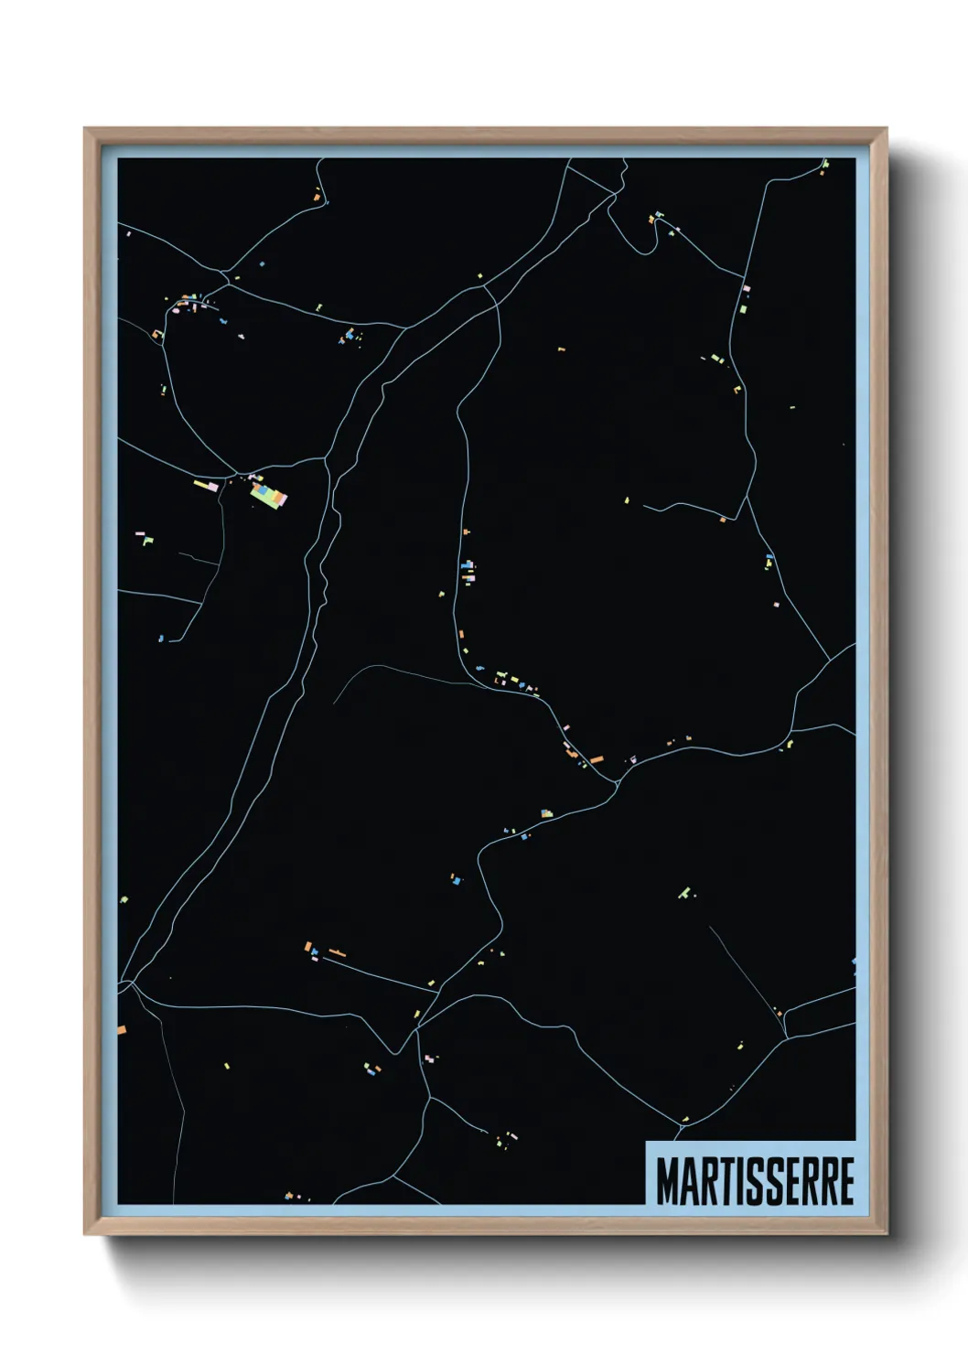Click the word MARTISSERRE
pyautogui.click(x=755, y=1181)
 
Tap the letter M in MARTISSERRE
pyautogui.click(x=666, y=1181)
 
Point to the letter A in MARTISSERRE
pyautogui.click(x=688, y=1181)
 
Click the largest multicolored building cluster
pyautogui.click(x=269, y=494)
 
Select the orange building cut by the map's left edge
pyautogui.click(x=122, y=1029)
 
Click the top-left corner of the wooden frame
pyautogui.click(x=85, y=130)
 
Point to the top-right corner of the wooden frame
pyautogui.click(x=886, y=130)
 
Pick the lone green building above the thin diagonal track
pyautogui.click(x=684, y=892)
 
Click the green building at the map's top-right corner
pyautogui.click(x=823, y=167)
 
